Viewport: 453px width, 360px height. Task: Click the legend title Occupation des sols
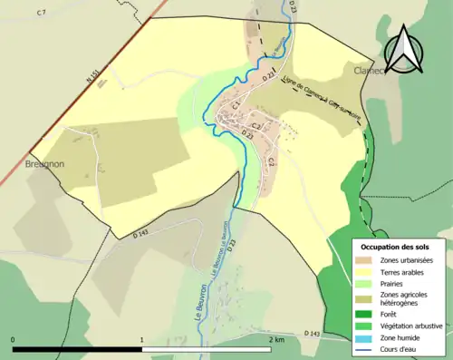(x=397, y=247)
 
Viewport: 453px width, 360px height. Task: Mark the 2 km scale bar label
(x=277, y=339)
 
